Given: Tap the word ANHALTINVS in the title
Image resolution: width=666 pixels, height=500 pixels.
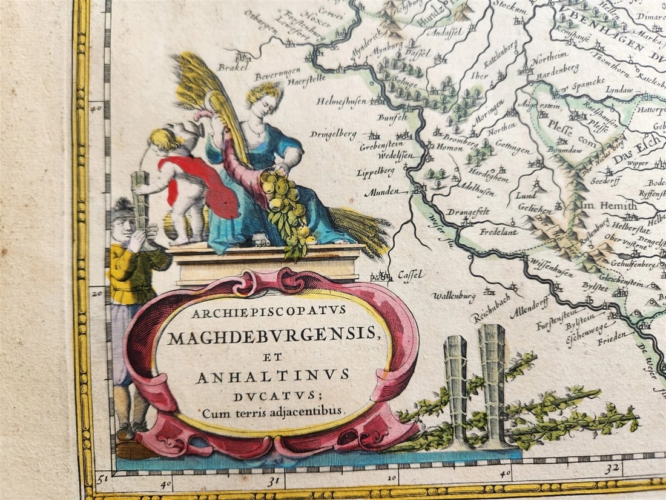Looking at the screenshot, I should point(272,377).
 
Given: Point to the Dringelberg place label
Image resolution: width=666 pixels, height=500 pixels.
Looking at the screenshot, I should point(334,135).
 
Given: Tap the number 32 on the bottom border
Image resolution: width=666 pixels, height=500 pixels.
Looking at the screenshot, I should point(614,468).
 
